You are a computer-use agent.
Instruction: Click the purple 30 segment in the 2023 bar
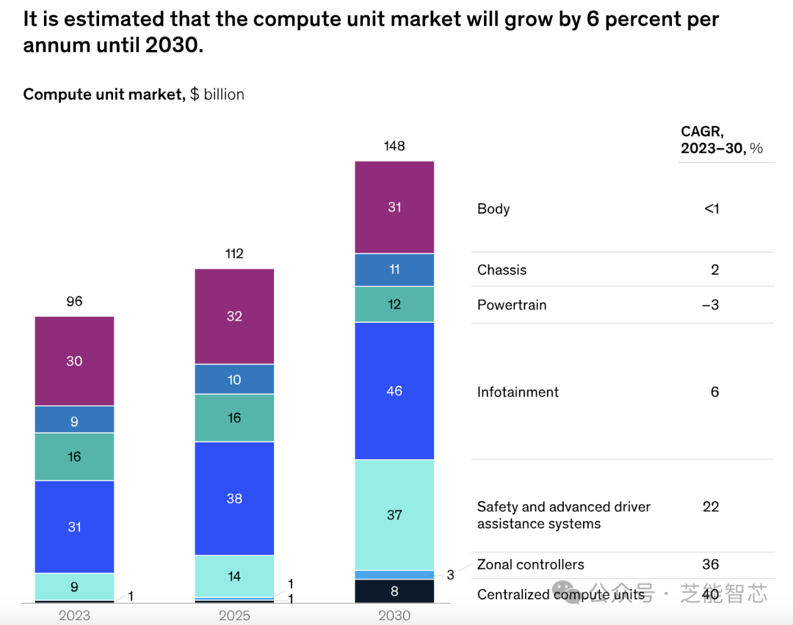74,361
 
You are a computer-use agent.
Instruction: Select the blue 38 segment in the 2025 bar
234,498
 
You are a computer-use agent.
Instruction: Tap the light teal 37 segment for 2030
394,515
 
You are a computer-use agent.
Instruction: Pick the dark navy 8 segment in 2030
394,591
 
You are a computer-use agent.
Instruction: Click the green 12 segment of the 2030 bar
394,304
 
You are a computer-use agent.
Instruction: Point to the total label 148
394,146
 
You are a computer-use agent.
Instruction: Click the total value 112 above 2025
234,254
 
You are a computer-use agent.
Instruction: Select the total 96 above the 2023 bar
74,301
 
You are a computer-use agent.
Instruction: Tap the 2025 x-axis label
234,615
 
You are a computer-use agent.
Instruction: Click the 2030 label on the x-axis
394,615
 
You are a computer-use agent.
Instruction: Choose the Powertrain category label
512,305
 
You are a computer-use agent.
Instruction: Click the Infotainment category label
518,392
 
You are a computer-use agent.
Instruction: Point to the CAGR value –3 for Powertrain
710,305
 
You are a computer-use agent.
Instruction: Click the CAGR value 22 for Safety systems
711,507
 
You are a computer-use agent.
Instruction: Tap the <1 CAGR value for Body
711,209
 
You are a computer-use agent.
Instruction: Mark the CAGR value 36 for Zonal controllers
711,565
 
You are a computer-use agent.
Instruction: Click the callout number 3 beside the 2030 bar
450,575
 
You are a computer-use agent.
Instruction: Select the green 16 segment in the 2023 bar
74,456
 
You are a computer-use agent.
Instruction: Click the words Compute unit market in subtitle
104,95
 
